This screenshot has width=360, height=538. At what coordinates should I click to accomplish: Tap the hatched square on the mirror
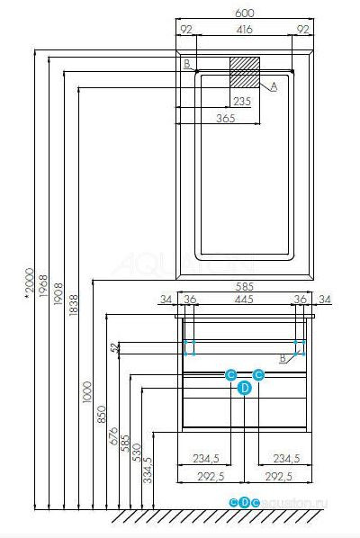click(244, 71)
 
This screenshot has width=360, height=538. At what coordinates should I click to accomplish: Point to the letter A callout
click(274, 85)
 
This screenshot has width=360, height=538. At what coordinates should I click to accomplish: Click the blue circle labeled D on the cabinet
click(243, 388)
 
